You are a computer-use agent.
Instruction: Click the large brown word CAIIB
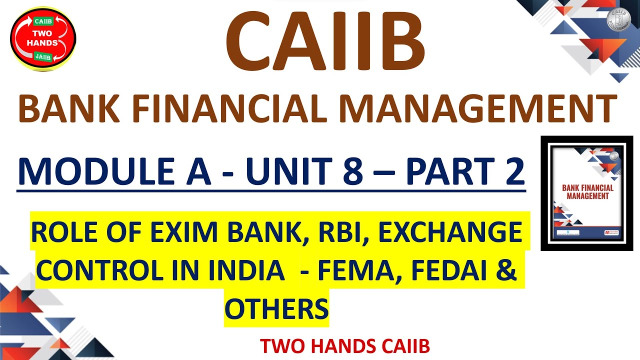pos(325,42)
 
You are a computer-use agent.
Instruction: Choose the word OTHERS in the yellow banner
pos(276,308)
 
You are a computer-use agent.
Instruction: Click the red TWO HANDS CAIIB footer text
pos(345,346)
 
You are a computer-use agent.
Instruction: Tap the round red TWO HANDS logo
pos(43,39)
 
